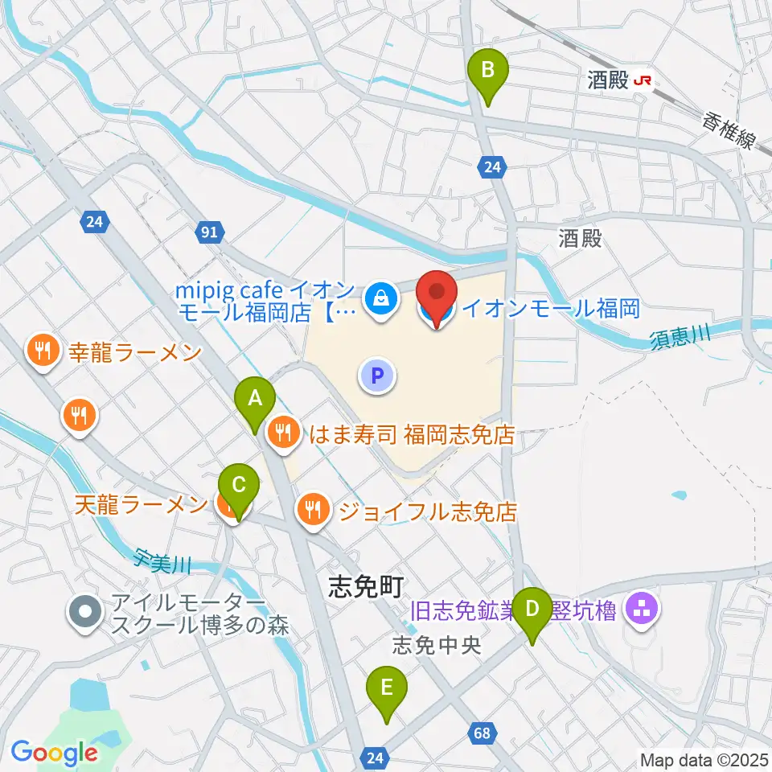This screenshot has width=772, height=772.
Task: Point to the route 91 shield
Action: click(x=209, y=232)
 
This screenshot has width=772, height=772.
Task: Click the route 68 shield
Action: click(x=482, y=733)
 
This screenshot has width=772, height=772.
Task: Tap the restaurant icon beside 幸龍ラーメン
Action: click(x=40, y=351)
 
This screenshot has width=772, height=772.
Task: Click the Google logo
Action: click(x=54, y=753)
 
